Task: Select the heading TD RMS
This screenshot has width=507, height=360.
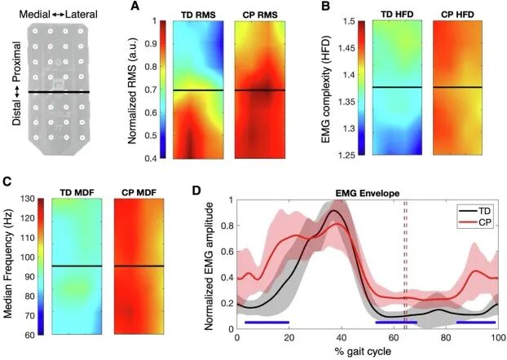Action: [x=198, y=15]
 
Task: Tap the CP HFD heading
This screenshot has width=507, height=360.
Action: [x=457, y=15]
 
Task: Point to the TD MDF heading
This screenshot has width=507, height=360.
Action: [x=77, y=192]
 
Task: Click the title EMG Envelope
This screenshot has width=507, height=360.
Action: [x=367, y=193]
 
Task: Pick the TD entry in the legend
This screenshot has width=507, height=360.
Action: [x=483, y=211]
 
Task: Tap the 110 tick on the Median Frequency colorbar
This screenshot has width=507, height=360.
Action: [x=28, y=238]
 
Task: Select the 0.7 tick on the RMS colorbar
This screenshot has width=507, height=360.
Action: [x=150, y=90]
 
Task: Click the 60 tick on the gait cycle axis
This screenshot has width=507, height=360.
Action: [x=394, y=338]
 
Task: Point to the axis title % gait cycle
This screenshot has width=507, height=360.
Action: [x=363, y=351]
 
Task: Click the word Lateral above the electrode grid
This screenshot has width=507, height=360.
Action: [x=82, y=14]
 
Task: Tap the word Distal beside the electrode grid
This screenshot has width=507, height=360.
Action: [x=17, y=112]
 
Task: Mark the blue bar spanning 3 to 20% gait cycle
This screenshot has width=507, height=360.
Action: [x=267, y=323]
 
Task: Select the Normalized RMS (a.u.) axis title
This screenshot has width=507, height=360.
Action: [x=132, y=90]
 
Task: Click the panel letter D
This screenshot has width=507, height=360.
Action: [x=196, y=191]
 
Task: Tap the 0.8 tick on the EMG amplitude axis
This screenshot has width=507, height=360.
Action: [x=227, y=226]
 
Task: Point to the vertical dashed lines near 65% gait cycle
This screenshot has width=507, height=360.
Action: [x=405, y=265]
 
